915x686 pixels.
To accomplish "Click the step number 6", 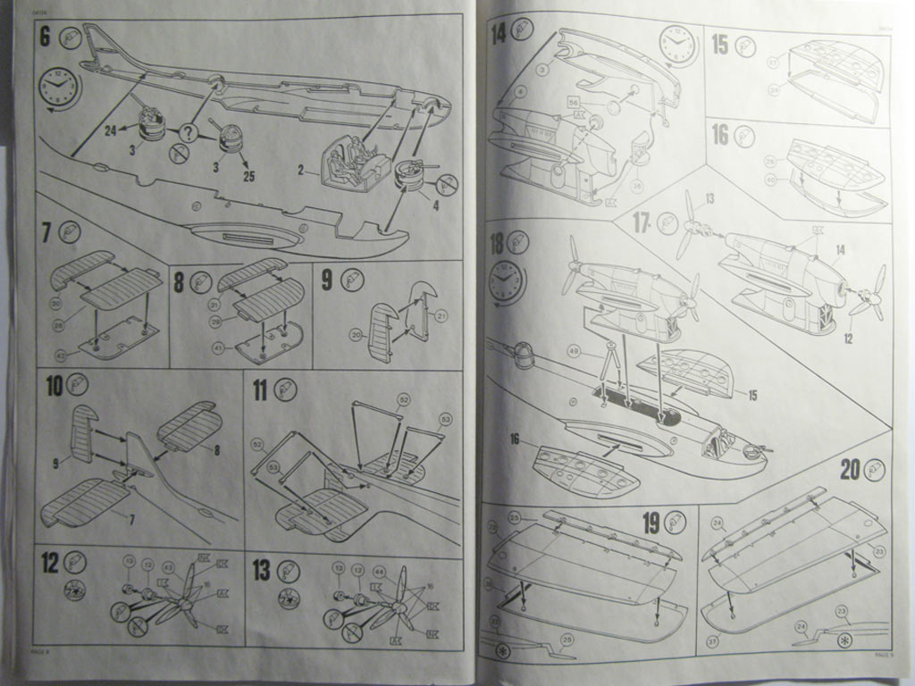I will pos(46,38).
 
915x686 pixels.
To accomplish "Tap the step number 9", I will pos(327,280).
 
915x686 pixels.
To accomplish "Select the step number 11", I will pos(260,389).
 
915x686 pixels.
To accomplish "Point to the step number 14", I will pos(499,33).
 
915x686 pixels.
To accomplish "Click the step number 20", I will pos(849,470).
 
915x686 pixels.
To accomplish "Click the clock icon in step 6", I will pos(59,87).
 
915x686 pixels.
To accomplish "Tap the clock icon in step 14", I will pos(678,45).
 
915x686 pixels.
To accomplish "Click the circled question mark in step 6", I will pos(188,133).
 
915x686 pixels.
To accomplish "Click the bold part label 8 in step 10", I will pos(215,451).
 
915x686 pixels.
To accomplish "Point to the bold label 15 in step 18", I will pos(752,395).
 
